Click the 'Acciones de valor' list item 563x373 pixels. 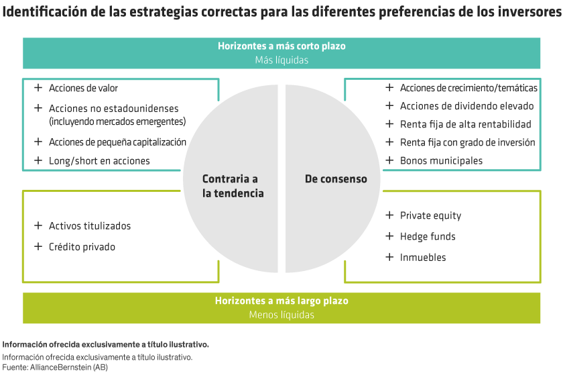(83, 88)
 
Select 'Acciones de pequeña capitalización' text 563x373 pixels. (117, 142)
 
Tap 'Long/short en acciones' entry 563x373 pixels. (99, 161)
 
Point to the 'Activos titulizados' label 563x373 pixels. (90, 226)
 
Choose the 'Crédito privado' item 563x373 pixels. (82, 247)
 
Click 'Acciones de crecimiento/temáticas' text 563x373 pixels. (468, 88)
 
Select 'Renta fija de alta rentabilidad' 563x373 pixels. (465, 124)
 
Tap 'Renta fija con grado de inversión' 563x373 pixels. (467, 142)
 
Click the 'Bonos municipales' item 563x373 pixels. (441, 161)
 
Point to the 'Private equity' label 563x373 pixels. (430, 216)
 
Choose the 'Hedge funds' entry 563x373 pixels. (428, 237)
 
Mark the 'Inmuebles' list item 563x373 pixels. (423, 258)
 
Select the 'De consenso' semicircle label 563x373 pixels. (336, 179)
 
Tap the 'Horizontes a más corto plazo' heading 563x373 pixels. (281, 46)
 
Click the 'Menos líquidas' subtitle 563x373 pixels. (281, 315)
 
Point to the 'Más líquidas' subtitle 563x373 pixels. (281, 60)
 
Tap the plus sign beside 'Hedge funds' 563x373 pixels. (389, 236)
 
